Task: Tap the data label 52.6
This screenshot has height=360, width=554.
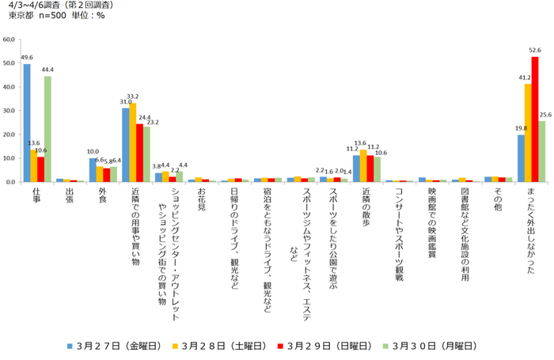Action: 535,51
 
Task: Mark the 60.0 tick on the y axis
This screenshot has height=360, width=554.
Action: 9,39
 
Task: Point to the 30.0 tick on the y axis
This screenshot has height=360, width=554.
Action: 9,111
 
